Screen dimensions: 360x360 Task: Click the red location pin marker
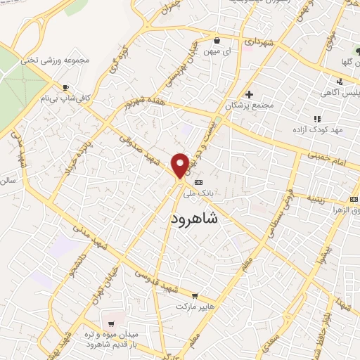179,165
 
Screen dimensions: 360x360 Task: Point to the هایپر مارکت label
193,307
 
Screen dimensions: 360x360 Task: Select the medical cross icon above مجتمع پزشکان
248,94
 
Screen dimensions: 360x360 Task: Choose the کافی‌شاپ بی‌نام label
67,99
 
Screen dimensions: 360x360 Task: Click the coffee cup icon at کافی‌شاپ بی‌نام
65,88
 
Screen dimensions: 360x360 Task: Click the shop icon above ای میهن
217,40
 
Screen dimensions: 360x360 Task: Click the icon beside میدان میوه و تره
112,323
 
